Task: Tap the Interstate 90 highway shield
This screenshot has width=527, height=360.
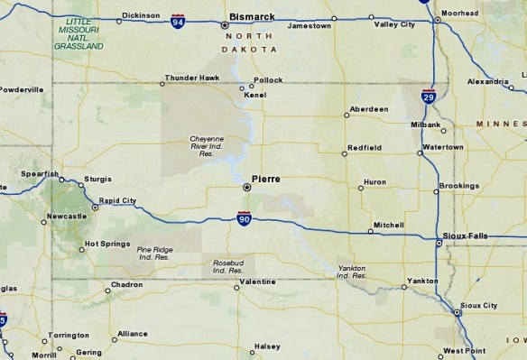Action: point(245,218)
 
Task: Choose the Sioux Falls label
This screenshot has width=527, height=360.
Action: point(466,235)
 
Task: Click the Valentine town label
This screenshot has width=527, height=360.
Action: point(257,283)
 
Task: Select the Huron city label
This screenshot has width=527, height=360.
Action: point(374,182)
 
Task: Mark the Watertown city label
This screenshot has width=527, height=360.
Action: point(442,146)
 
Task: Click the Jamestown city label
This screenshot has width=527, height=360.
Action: point(309,26)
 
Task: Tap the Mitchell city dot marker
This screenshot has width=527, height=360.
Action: point(372,232)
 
